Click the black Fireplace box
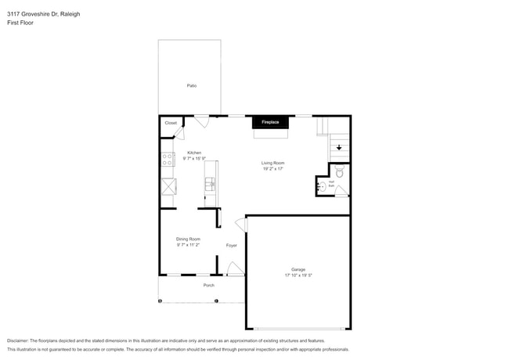269,123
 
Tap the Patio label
191,85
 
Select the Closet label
171,123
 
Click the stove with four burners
168,159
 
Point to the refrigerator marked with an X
168,187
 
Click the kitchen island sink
210,184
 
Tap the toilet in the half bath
339,173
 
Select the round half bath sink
322,186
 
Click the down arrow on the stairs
338,146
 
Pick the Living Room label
273,163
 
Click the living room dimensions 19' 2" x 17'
273,168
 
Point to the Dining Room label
188,239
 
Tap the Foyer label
232,246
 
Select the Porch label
209,285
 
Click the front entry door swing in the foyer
233,269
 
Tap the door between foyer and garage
242,225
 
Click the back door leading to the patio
202,121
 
